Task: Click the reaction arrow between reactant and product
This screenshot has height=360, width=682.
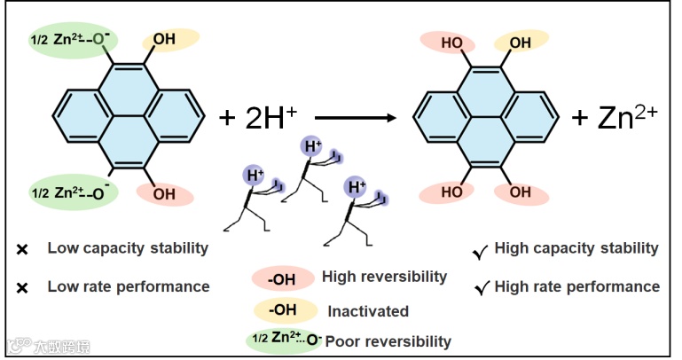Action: point(355,116)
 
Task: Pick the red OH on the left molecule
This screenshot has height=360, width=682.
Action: point(164,193)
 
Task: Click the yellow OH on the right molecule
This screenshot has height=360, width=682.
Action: point(520,42)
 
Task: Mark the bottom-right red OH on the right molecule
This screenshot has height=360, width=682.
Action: point(521,192)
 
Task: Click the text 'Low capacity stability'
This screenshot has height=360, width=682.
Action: point(128,248)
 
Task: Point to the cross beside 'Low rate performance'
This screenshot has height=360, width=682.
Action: point(22,287)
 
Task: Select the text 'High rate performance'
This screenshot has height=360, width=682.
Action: point(576,286)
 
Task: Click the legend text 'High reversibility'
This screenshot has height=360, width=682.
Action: point(384,278)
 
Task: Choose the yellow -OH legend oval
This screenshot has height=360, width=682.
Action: point(285,311)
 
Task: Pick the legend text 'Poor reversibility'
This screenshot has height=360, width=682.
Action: point(388,341)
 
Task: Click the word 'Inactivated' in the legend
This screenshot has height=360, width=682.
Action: point(368,311)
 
